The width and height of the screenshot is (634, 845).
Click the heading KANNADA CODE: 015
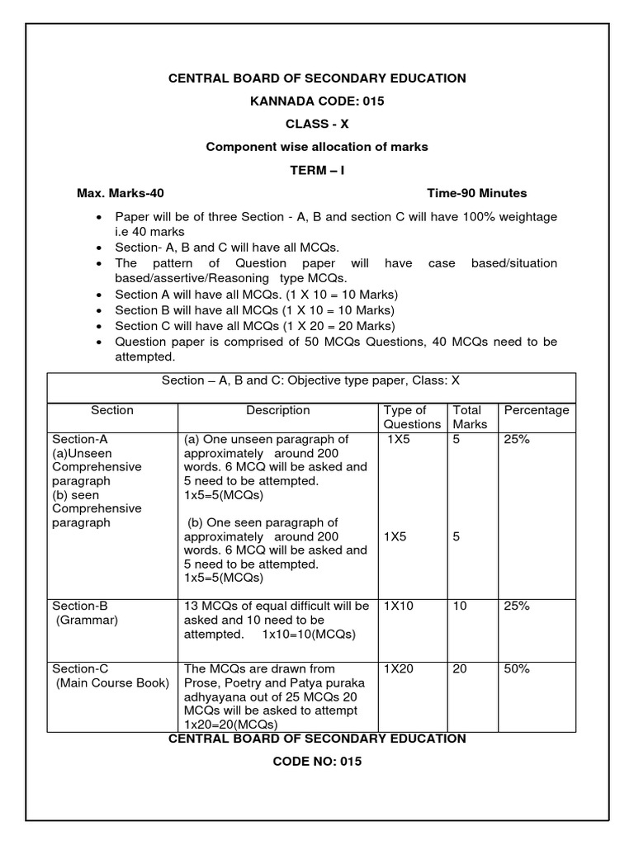tap(317, 101)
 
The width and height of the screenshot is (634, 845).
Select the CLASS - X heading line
tap(317, 125)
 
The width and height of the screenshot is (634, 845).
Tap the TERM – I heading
tap(317, 170)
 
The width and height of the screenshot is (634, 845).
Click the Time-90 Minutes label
tap(476, 193)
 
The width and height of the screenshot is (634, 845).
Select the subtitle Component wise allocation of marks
tap(317, 147)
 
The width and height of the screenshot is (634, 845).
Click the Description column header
tap(278, 410)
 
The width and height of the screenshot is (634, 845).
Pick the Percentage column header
tap(537, 410)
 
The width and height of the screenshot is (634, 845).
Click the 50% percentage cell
tap(517, 668)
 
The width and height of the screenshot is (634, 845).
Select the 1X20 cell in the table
tap(399, 668)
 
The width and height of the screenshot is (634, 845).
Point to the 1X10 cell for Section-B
tap(399, 606)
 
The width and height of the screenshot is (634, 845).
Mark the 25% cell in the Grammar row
tap(517, 606)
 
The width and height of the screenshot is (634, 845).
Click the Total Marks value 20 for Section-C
tap(460, 668)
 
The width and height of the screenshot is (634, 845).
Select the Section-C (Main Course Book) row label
tap(110, 675)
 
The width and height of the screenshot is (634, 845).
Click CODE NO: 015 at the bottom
tap(317, 762)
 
